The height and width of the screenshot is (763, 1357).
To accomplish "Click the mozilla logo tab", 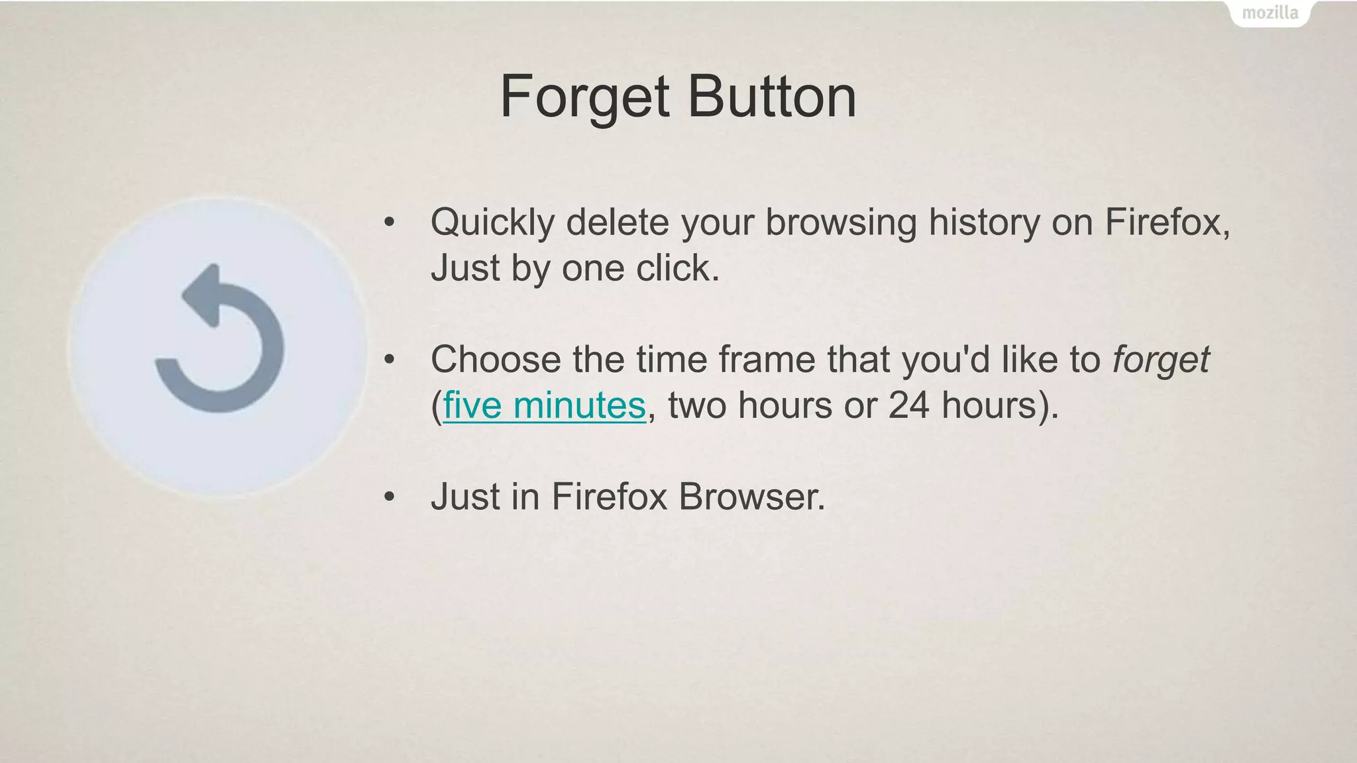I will [1270, 13].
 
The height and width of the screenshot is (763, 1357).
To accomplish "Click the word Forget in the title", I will [584, 97].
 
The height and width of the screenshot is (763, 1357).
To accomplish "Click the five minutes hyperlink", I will [544, 405].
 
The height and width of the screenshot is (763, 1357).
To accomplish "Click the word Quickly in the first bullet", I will [492, 223].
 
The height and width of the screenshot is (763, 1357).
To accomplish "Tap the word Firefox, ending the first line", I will [1167, 222].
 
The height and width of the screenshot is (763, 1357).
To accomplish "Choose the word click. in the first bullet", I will [677, 268].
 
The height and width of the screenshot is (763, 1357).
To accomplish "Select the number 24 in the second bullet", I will [908, 405].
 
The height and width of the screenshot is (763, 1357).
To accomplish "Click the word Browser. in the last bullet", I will [752, 496].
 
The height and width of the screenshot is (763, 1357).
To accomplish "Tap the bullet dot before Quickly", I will [390, 222].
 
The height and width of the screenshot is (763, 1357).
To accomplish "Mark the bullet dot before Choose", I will [390, 360].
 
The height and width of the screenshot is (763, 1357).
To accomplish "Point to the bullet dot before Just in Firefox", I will [390, 496].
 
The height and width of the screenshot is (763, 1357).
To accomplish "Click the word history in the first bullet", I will [984, 223].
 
